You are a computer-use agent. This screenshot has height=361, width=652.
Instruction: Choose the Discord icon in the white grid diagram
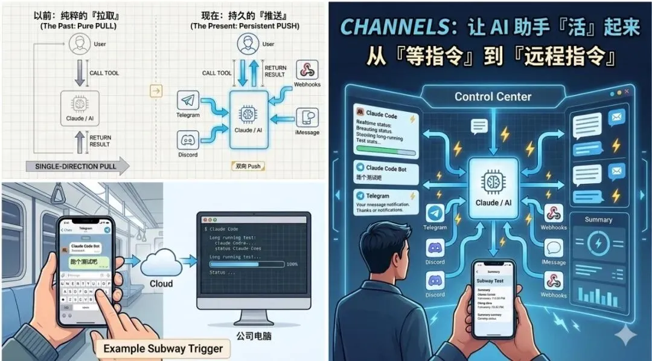coord(188,140)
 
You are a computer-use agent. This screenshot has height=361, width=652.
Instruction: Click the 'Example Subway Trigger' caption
coord(163,348)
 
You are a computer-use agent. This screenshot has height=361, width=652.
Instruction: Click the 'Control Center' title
coord(493,97)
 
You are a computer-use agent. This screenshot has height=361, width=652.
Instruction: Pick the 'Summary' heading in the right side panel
coord(598,220)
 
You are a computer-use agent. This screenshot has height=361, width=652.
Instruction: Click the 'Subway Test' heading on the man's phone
coord(494,281)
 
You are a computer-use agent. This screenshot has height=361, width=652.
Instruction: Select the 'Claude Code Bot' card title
coord(386,168)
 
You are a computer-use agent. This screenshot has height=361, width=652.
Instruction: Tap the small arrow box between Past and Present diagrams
coord(156,91)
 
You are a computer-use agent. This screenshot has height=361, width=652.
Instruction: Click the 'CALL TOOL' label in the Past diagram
coord(104,73)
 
